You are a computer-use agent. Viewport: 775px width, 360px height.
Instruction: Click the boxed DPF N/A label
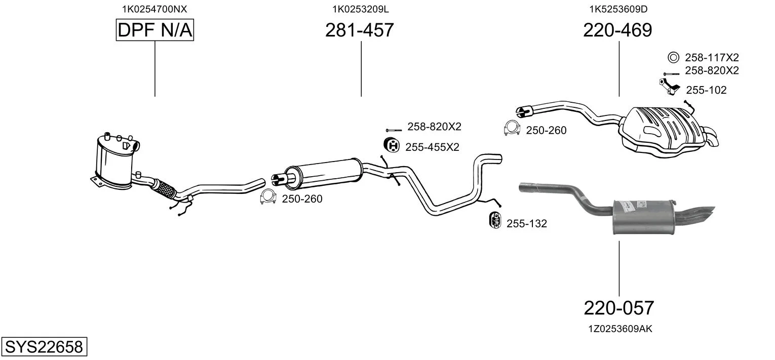(154, 31)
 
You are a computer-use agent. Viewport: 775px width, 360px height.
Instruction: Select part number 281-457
(359, 31)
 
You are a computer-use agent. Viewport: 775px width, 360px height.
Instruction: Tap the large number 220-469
(617, 31)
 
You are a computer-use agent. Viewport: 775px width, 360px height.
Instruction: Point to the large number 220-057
(619, 308)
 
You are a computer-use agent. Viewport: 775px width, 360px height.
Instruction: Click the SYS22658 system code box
(44, 347)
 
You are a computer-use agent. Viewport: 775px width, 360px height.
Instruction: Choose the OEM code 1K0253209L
(361, 9)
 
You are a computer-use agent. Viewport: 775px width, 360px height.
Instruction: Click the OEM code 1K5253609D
(618, 9)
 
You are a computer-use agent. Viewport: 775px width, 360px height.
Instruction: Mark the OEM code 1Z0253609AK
(620, 329)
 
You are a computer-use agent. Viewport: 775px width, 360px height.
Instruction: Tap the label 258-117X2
(712, 58)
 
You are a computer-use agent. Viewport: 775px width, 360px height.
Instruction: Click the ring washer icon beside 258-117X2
(673, 57)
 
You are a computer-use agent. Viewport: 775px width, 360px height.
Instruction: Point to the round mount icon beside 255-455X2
(392, 146)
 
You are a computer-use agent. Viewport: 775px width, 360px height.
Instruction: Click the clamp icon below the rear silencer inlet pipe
(512, 129)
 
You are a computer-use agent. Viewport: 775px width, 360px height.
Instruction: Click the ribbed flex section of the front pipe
(165, 189)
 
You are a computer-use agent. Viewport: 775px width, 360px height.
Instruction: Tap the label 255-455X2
(432, 147)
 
